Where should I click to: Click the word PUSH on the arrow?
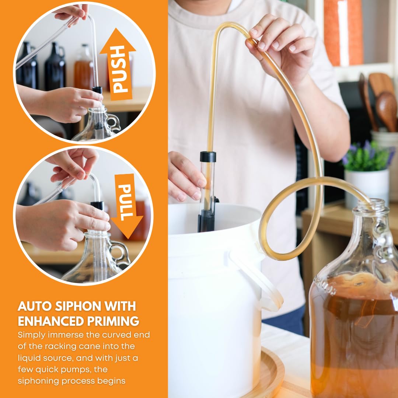click(119, 69)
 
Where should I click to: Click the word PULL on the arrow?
click(126, 202)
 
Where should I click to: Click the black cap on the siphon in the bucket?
click(208, 157)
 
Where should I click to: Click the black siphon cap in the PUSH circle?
click(97, 90)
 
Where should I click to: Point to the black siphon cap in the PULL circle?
click(97, 205)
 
